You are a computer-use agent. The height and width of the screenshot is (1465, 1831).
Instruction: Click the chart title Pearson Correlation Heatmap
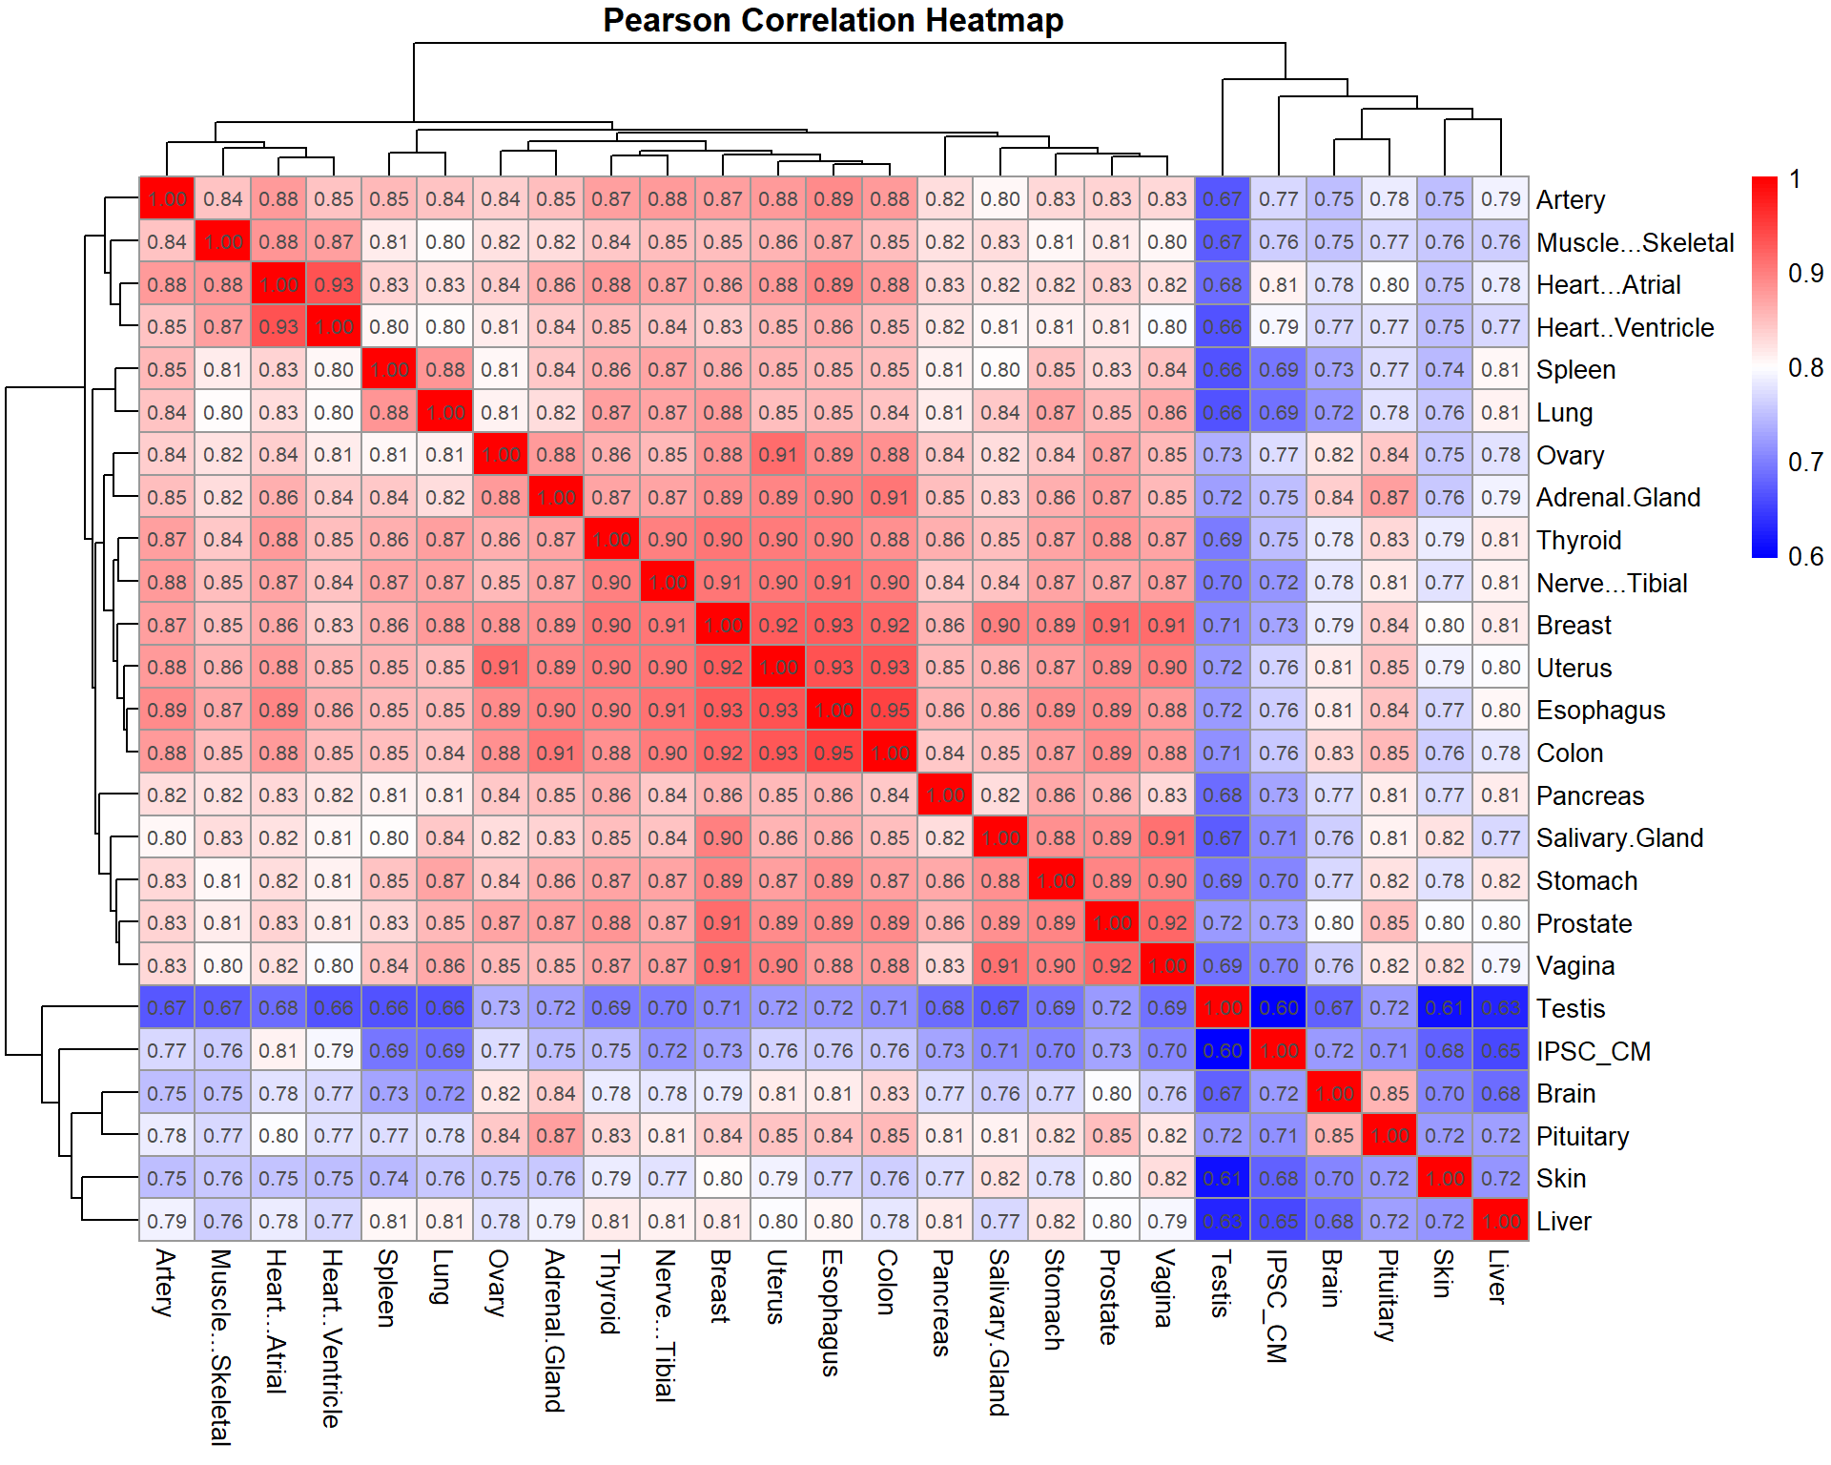(x=833, y=20)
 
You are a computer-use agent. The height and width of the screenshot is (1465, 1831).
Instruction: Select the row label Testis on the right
(x=1570, y=1008)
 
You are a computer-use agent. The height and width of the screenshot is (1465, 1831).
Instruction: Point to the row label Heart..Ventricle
(x=1624, y=327)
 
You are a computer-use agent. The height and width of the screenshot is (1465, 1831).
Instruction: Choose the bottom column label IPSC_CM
(x=1277, y=1306)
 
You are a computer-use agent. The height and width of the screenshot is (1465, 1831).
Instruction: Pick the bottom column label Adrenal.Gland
(x=554, y=1331)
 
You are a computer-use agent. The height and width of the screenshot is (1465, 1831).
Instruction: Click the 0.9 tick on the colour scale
(x=1805, y=274)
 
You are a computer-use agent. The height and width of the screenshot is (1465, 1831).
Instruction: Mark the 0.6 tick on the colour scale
(x=1805, y=557)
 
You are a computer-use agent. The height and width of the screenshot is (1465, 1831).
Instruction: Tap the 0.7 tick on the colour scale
(x=1805, y=463)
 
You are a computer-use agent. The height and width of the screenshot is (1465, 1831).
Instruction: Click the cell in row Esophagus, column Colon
(x=890, y=711)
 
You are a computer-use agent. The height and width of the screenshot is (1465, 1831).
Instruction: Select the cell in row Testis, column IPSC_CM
(x=1278, y=1008)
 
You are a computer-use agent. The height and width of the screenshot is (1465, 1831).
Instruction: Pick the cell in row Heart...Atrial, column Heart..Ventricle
(x=334, y=284)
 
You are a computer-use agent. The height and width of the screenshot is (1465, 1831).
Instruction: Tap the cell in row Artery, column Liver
(x=1500, y=199)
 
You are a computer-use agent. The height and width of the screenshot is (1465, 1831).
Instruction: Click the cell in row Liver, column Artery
(x=167, y=1221)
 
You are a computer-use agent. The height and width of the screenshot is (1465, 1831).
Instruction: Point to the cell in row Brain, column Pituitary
(x=1389, y=1093)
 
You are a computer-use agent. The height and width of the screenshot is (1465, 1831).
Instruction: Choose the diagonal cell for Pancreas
(x=945, y=795)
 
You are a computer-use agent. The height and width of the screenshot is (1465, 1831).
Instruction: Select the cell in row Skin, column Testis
(x=1222, y=1179)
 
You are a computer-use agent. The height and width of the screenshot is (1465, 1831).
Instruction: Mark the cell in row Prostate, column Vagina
(x=1166, y=923)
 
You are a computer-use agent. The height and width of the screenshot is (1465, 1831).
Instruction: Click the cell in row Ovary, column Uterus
(x=778, y=455)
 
